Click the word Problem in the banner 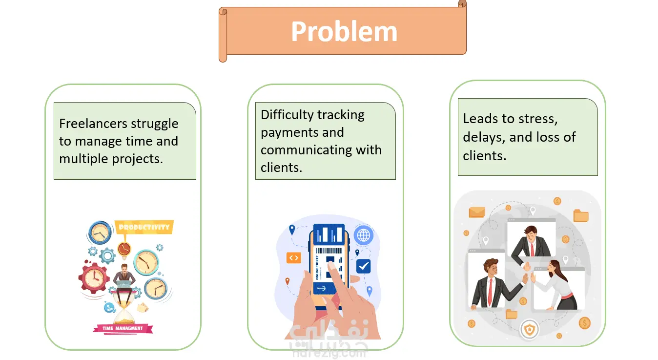click(344, 32)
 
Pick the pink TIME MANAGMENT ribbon click(123, 328)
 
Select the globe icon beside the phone click(363, 235)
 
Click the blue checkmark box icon click(363, 266)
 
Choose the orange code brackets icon click(293, 257)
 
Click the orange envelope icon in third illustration click(476, 212)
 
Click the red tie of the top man click(532, 248)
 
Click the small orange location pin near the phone click(287, 281)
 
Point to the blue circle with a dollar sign click(109, 307)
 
